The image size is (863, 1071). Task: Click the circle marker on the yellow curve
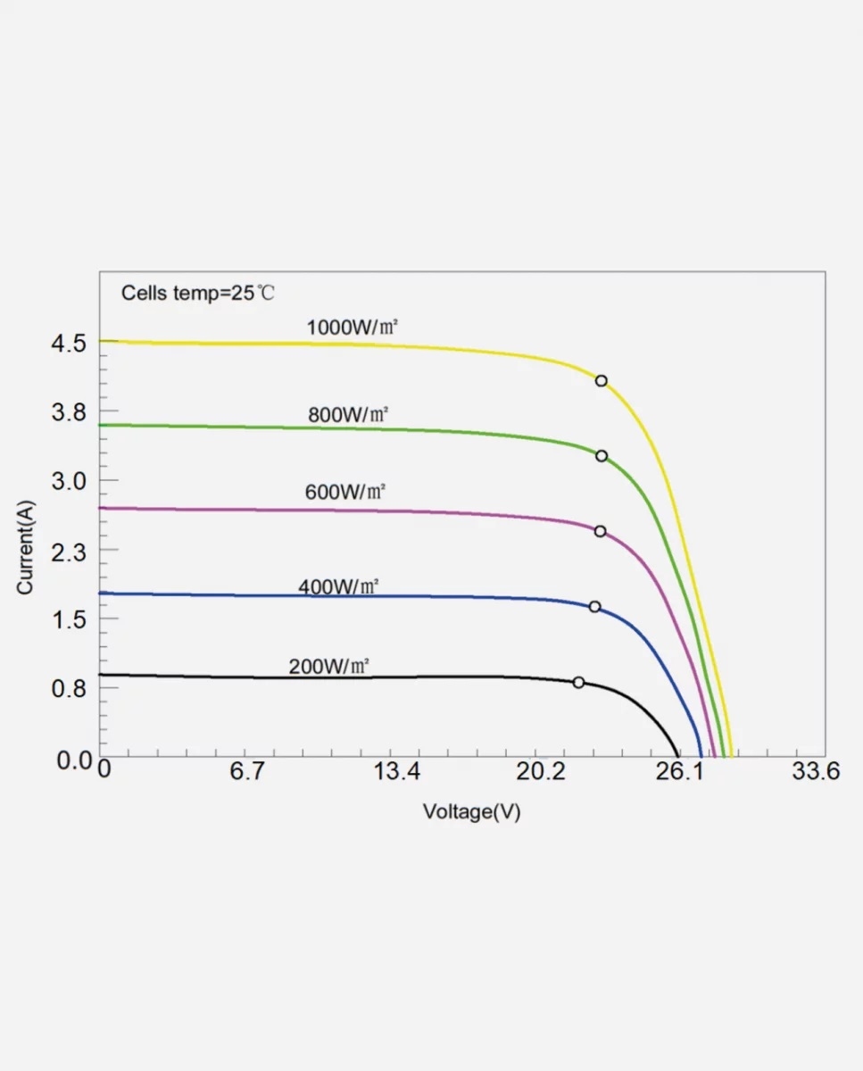point(602,381)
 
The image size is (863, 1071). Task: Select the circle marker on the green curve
point(602,456)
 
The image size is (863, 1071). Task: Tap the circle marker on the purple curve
point(600,531)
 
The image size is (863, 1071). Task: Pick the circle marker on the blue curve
point(594,607)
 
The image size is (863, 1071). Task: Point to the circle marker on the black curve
point(578,683)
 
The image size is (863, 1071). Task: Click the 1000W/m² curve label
point(352,328)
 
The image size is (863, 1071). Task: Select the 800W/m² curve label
point(348,415)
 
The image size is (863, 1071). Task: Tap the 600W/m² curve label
point(344,492)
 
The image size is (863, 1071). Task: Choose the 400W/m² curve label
point(338,587)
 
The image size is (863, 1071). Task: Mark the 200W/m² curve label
point(328,666)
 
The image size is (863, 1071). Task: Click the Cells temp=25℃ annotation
point(204,293)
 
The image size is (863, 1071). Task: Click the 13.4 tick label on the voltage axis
point(396,771)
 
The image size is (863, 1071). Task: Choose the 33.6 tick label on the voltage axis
point(816,771)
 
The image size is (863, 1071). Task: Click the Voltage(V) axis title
point(471,812)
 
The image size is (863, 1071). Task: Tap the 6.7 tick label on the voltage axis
point(246,771)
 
